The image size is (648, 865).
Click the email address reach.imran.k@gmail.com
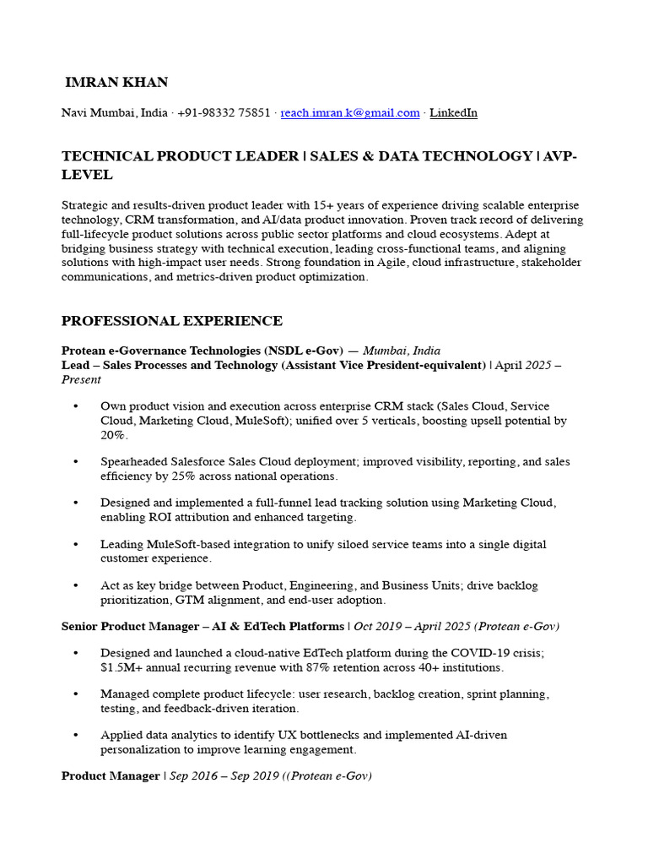[x=350, y=113]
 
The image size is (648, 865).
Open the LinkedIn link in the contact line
[x=453, y=113]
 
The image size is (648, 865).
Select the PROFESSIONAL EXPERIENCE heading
[x=172, y=321]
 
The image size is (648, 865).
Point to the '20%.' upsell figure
[x=113, y=435]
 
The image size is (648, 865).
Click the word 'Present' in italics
[x=81, y=380]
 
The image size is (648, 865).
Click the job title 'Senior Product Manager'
[x=128, y=627]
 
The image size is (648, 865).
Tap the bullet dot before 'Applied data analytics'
[x=76, y=735]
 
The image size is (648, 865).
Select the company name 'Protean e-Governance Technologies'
[x=160, y=351]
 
